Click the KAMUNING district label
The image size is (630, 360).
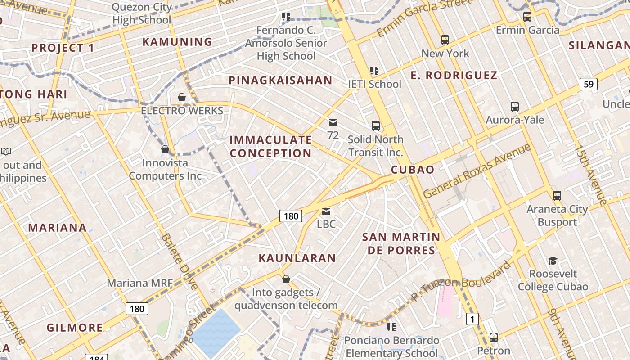click(x=177, y=42)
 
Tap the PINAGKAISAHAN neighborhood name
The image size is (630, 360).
click(x=280, y=81)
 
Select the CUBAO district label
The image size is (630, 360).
click(x=413, y=170)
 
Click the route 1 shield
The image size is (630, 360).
click(x=472, y=319)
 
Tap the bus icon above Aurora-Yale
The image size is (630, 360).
click(x=515, y=107)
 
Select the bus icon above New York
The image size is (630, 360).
click(x=445, y=40)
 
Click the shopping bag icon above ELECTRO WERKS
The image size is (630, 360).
click(x=182, y=97)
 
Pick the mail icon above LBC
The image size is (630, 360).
click(x=326, y=211)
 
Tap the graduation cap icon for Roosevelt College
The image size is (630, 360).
click(x=553, y=261)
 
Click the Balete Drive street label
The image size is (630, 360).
click(x=180, y=261)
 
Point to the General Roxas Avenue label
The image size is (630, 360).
click(x=477, y=171)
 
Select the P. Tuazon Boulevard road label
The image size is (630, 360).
click(x=461, y=281)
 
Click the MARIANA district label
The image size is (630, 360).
click(x=57, y=228)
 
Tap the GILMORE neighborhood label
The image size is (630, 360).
click(x=75, y=328)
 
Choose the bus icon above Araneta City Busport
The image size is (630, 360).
click(x=557, y=196)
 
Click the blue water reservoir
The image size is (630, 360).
click(x=216, y=333)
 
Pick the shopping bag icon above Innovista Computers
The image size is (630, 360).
click(x=165, y=149)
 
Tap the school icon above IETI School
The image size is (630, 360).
click(x=374, y=71)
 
